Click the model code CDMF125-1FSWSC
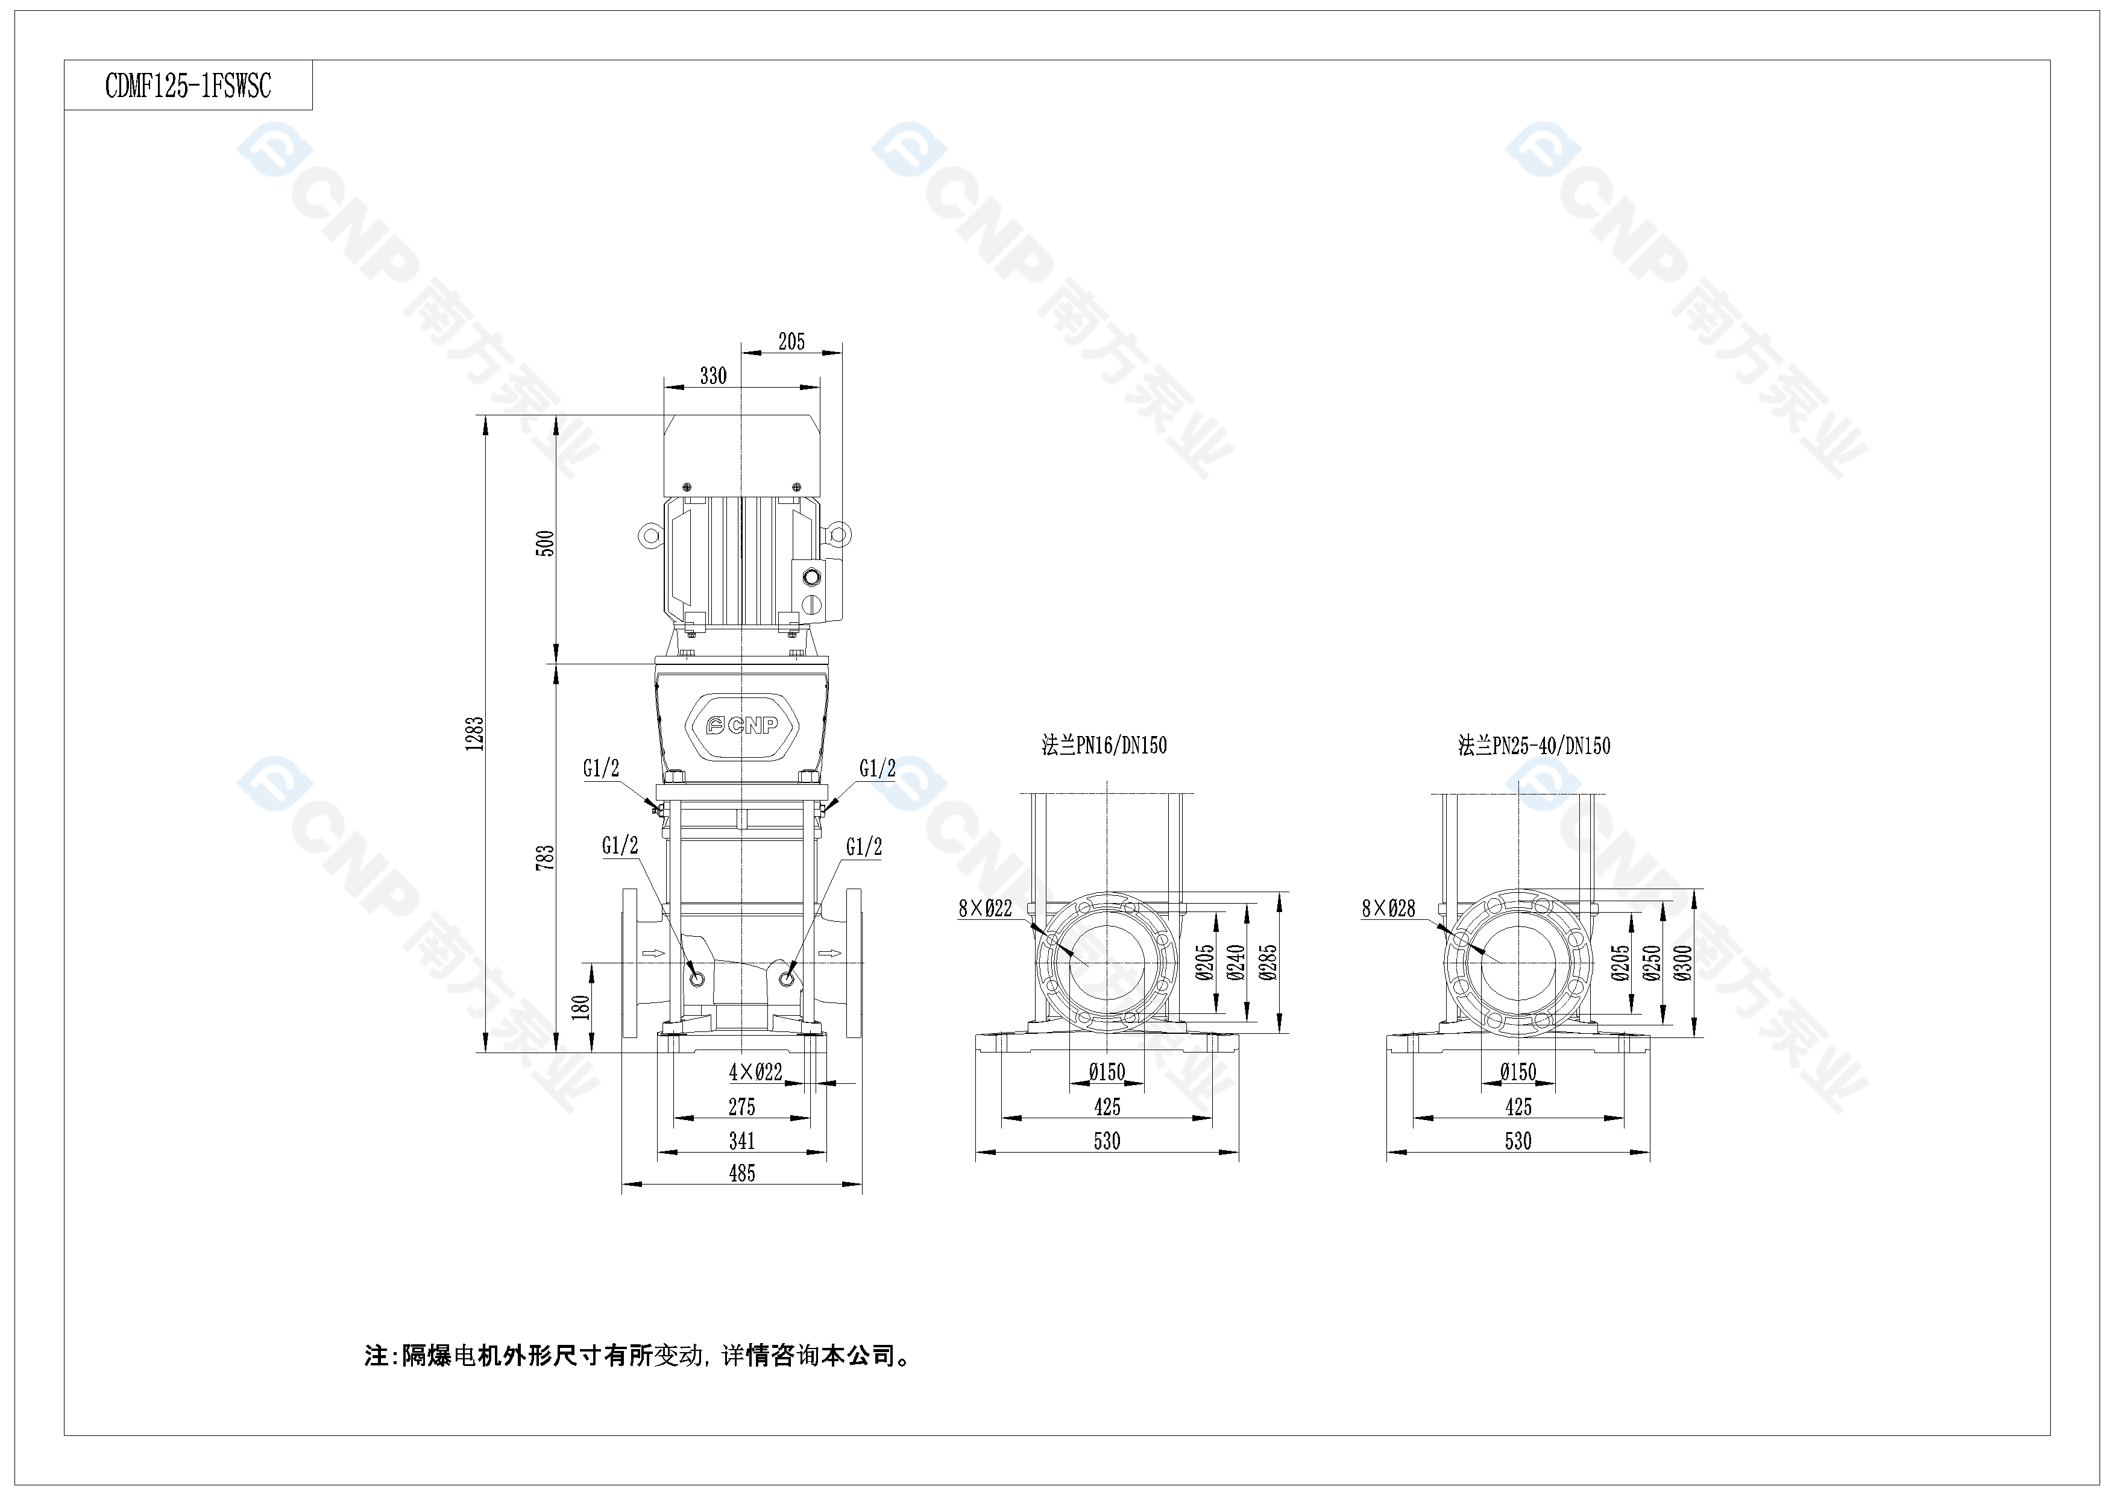(188, 87)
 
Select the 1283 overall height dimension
(475, 734)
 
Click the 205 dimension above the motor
(792, 342)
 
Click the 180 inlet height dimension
(580, 1007)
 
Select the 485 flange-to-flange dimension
(742, 1174)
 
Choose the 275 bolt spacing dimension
(742, 1107)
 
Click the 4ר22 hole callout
(756, 1072)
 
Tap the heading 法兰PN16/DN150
(1104, 746)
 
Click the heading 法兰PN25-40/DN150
(1534, 746)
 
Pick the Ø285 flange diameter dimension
(1269, 963)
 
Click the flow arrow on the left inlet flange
(653, 954)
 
